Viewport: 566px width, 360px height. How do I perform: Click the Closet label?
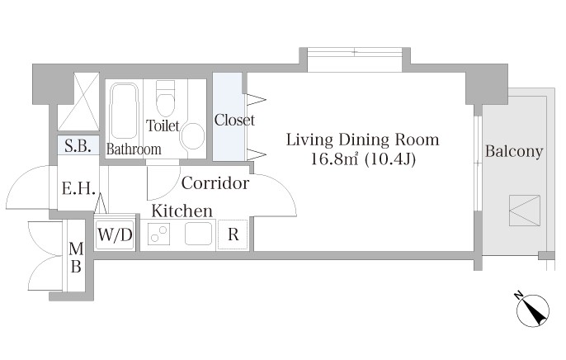click(x=234, y=120)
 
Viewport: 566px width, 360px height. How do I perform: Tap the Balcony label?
click(x=514, y=151)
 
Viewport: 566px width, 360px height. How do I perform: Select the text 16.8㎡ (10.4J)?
click(x=363, y=159)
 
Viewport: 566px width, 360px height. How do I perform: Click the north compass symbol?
click(x=532, y=310)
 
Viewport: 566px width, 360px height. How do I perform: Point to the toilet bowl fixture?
click(x=165, y=97)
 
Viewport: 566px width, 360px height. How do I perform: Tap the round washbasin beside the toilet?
click(x=192, y=135)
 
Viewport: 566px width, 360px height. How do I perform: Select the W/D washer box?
click(x=115, y=235)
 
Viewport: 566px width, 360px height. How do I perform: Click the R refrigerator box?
click(x=233, y=234)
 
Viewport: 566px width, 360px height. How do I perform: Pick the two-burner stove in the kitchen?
click(x=159, y=234)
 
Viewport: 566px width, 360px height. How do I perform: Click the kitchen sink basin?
click(x=199, y=234)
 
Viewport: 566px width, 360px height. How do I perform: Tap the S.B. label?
click(x=78, y=146)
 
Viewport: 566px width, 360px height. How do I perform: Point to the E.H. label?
click(x=78, y=188)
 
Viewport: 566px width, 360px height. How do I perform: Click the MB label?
click(x=76, y=258)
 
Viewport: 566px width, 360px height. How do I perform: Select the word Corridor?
click(x=215, y=183)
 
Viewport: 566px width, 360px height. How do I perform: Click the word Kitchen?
click(x=182, y=211)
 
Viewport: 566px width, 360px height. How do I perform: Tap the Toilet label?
click(x=163, y=126)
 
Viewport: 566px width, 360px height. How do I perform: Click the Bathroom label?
click(x=134, y=149)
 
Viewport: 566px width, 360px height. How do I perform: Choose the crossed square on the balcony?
click(x=525, y=211)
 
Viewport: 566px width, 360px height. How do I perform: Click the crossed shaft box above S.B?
click(x=78, y=102)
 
